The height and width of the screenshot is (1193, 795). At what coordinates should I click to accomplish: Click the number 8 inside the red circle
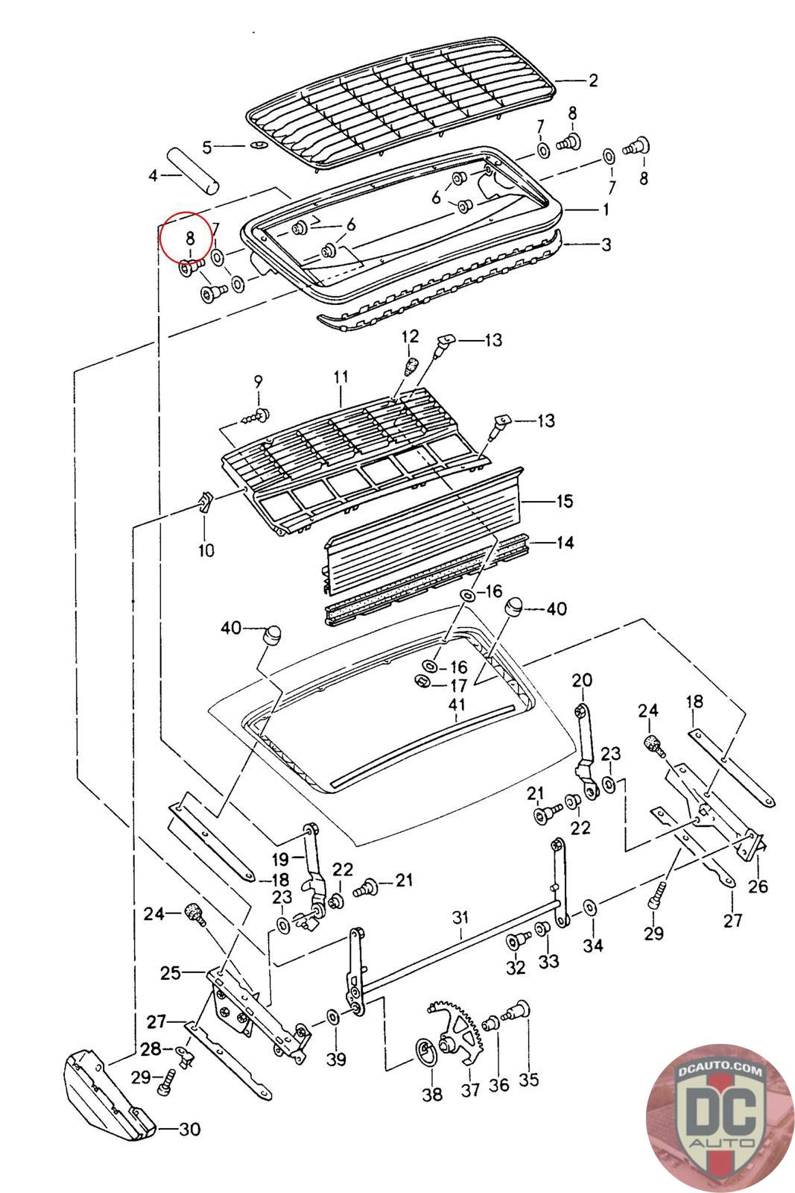click(189, 239)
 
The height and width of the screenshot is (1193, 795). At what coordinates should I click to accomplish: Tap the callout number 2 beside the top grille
click(593, 81)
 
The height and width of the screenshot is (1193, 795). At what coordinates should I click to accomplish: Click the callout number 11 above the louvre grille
click(341, 378)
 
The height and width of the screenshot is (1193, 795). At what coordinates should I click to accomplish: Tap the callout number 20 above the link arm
click(582, 680)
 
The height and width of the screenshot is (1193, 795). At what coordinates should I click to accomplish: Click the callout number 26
click(759, 887)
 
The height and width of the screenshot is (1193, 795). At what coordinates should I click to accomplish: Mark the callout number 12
click(411, 337)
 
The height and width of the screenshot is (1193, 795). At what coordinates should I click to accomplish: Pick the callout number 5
click(207, 147)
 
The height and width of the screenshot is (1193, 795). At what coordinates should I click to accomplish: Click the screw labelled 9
click(259, 415)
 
